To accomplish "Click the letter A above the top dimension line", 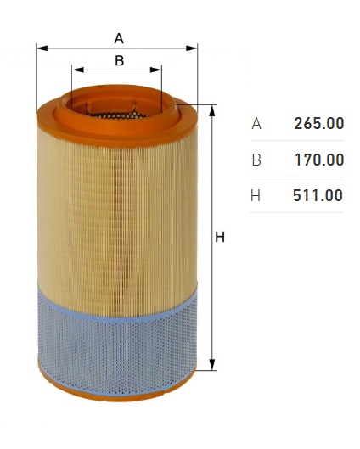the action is click(119, 38).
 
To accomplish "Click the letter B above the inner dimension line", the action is click(119, 60).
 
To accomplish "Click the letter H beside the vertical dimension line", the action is click(220, 237).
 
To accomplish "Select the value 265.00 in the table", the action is click(319, 123).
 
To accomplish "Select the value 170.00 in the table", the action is click(319, 160).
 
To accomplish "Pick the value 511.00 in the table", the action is click(318, 195).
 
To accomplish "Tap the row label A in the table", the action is click(256, 124).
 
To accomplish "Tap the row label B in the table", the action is click(256, 160).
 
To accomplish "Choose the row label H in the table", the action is click(256, 196).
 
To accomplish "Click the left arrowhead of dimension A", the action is click(42, 48).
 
